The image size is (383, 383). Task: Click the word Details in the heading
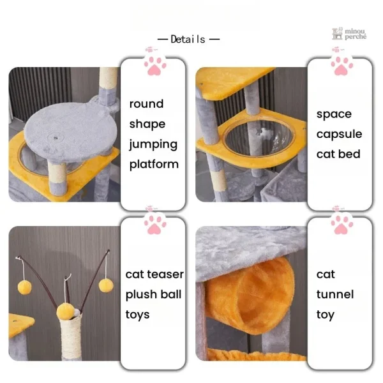pyautogui.click(x=188, y=39)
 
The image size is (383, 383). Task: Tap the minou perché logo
pyautogui.click(x=349, y=34)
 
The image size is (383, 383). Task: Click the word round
pyautogui.click(x=146, y=104)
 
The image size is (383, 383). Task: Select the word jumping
pyautogui.click(x=153, y=145)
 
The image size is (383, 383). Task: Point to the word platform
pyautogui.click(x=154, y=165)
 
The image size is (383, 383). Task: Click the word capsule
pyautogui.click(x=339, y=135)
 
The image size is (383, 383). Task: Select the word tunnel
pyautogui.click(x=335, y=294)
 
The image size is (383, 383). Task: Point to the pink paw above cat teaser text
pyautogui.click(x=155, y=225)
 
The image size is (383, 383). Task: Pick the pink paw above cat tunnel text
pyautogui.click(x=342, y=225)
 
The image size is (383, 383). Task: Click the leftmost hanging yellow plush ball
pyautogui.click(x=25, y=287)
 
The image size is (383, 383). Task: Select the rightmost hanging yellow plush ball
pyautogui.click(x=106, y=285)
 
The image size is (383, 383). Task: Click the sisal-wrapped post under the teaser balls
pyautogui.click(x=71, y=337)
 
